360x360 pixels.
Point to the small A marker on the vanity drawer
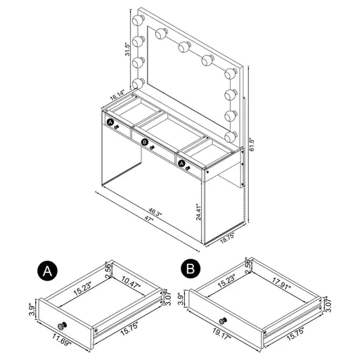[x=110, y=122]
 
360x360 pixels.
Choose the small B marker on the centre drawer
[x=145, y=143]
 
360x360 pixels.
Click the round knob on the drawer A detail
[x=61, y=325]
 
